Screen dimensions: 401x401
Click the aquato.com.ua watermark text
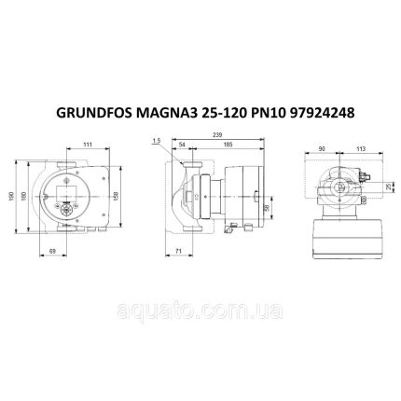[x=200, y=303]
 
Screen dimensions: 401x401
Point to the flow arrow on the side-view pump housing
[x=187, y=199]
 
